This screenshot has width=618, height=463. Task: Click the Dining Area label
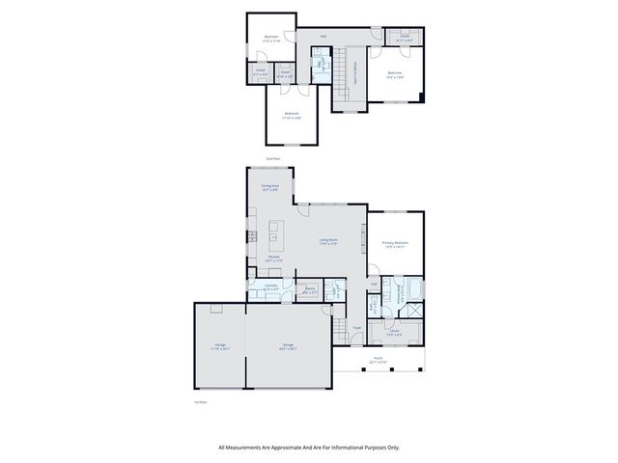269,187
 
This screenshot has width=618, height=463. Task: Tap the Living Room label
328,241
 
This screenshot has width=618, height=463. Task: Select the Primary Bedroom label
395,244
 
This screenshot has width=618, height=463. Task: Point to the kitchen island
273,236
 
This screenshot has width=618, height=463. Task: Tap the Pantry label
310,288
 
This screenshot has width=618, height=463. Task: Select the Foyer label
356,328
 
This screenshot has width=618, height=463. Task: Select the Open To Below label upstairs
354,71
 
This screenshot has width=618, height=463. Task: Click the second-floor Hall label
323,36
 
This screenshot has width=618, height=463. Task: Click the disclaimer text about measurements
309,447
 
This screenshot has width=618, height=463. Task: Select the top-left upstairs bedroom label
270,40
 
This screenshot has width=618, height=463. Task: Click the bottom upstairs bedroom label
293,116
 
